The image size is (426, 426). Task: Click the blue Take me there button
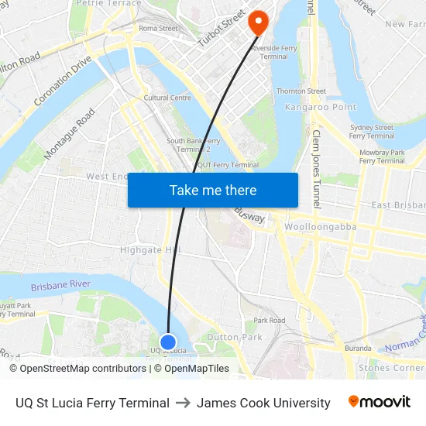point(212,190)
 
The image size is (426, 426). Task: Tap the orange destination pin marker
point(257,22)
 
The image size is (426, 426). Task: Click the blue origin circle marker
point(168,342)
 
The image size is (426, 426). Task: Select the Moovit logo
point(379,402)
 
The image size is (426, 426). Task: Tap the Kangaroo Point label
point(320,107)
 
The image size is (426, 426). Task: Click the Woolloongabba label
point(319,227)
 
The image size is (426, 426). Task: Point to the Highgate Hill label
point(151,250)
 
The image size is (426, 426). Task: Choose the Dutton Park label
point(234,337)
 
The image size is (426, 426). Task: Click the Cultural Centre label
point(167,98)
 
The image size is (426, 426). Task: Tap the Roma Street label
point(158,29)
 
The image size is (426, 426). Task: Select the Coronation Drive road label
point(63,81)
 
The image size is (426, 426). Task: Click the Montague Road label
point(70,134)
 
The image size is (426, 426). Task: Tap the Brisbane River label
point(61,287)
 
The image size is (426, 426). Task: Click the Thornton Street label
point(301,91)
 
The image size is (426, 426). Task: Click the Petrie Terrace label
point(108,3)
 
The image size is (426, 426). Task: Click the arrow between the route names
point(183,403)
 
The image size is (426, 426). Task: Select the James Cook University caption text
point(263,403)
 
